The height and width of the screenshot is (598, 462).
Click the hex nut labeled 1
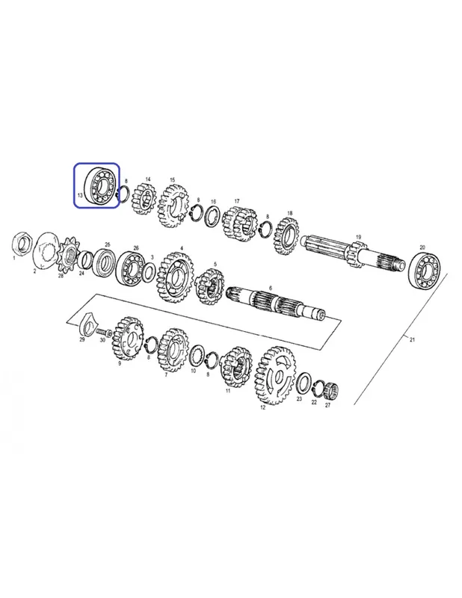click(22, 244)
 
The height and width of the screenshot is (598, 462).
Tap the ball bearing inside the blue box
click(100, 186)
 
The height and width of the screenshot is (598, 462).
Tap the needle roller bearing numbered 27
click(330, 392)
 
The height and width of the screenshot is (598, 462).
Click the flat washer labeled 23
click(304, 383)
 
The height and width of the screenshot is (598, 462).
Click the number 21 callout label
click(412, 339)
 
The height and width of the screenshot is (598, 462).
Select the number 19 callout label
click(358, 237)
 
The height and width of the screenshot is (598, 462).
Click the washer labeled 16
click(212, 216)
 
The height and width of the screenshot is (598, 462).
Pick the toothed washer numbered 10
click(197, 357)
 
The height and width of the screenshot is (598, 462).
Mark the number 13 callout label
click(80, 195)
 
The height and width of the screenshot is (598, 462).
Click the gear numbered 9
click(127, 339)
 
